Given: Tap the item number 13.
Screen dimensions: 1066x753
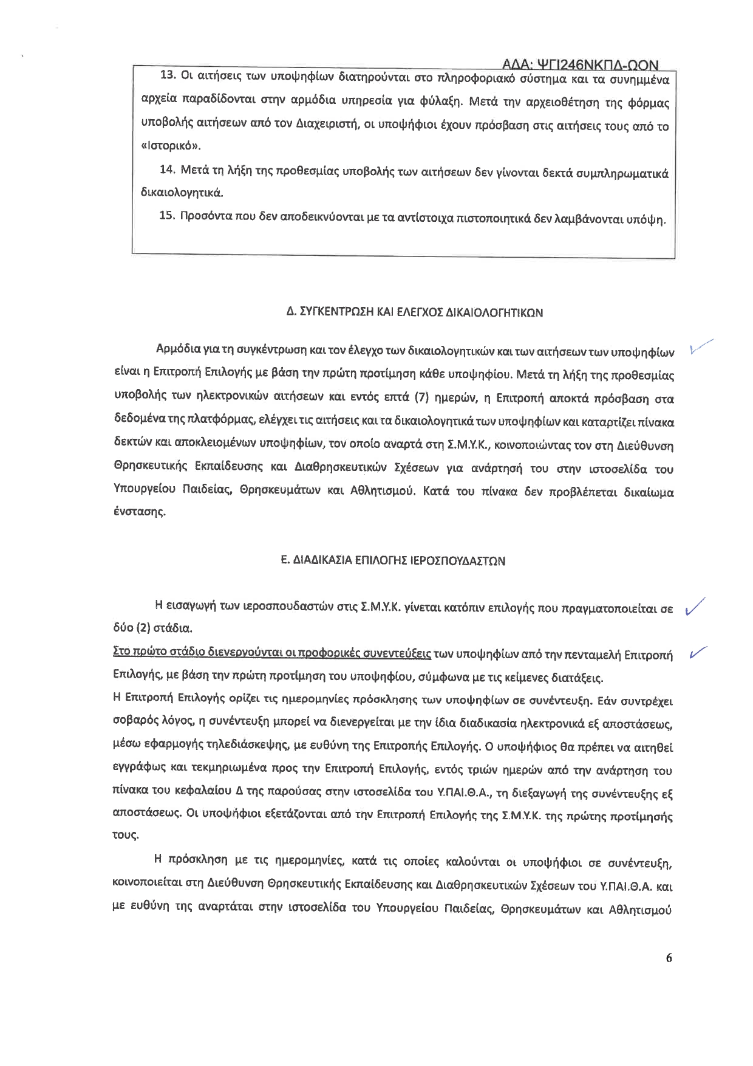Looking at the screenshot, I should (168, 75).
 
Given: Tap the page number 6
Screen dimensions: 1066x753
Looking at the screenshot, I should (669, 958).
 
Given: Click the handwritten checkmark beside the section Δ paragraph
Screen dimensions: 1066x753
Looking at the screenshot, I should (701, 346).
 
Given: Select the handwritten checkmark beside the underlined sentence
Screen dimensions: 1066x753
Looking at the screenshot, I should (696, 653).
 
